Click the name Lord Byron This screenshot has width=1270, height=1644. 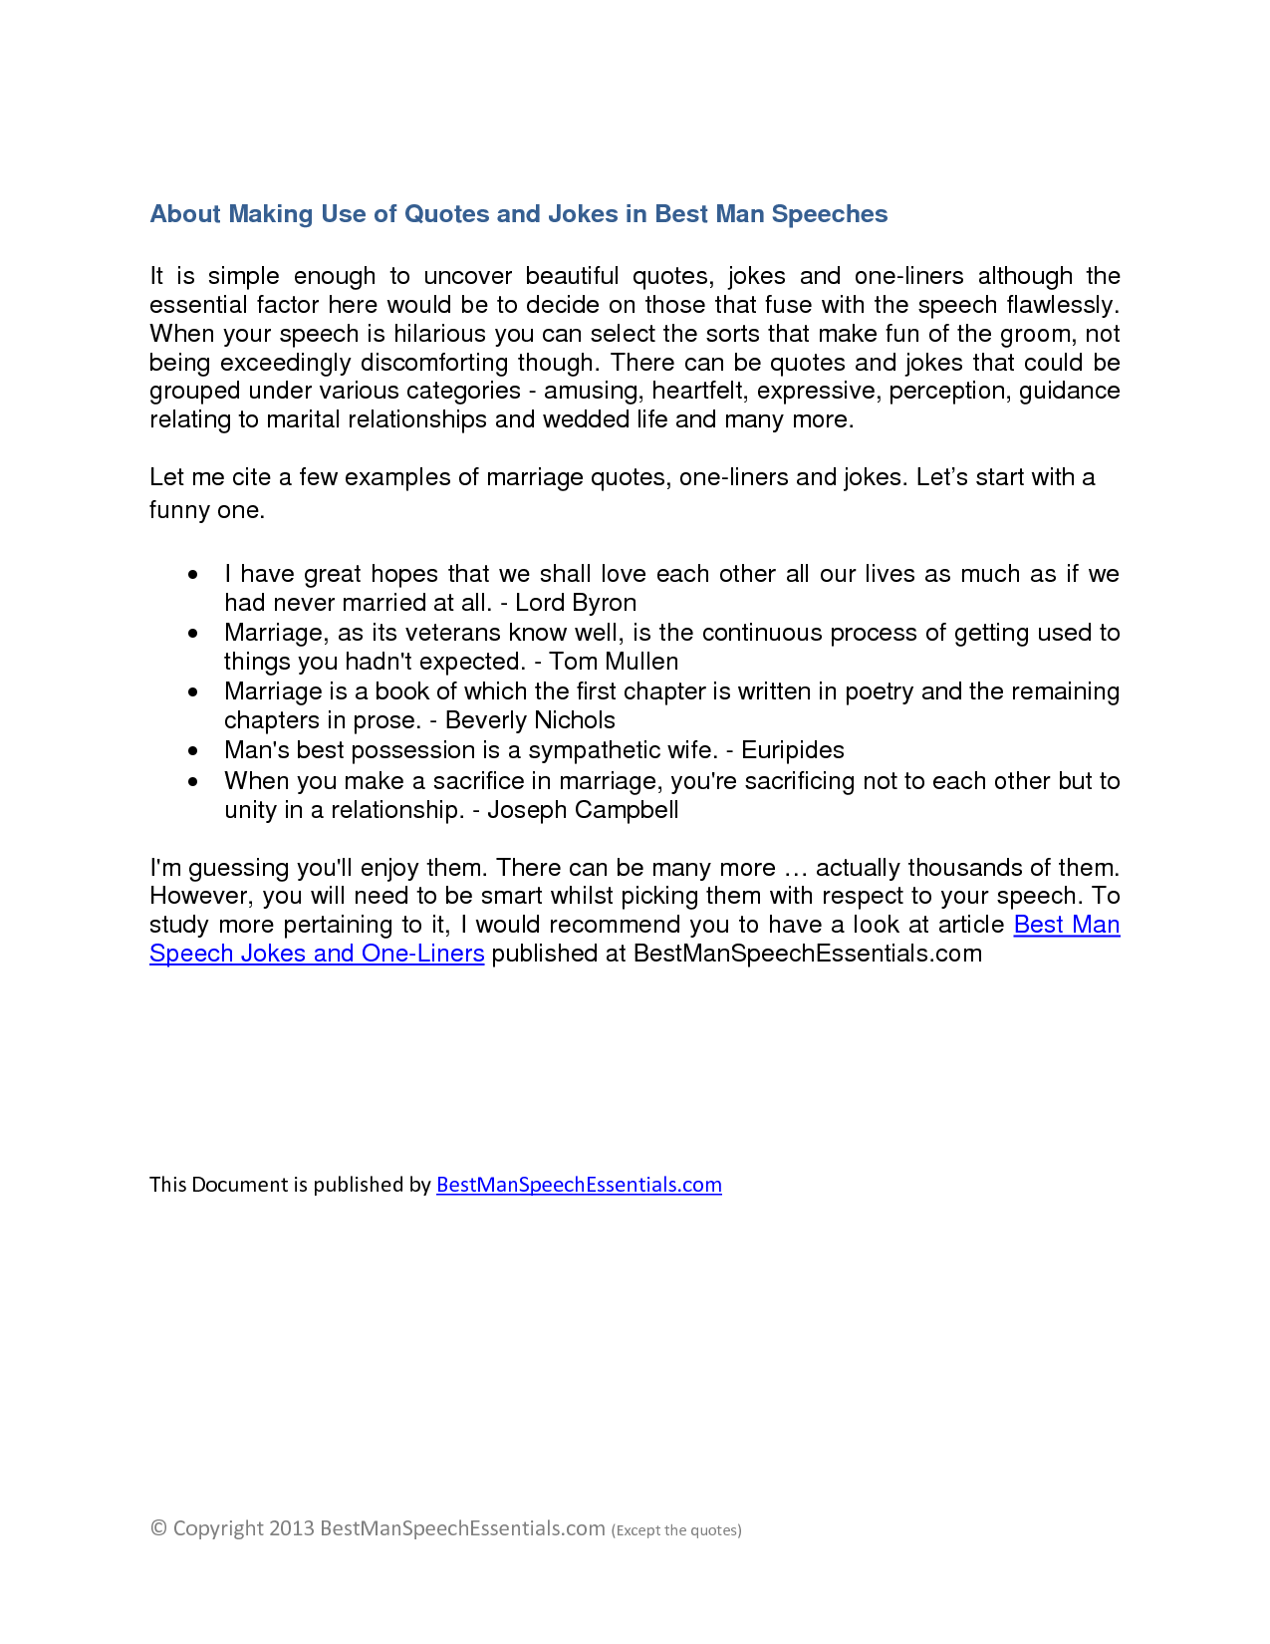coord(576,603)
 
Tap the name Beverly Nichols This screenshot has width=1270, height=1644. coord(530,720)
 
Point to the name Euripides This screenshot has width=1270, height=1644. coord(793,750)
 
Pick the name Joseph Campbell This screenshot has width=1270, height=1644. coord(583,810)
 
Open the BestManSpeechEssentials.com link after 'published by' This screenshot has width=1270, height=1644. coord(579,1185)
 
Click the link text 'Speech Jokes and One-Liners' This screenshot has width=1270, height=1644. coord(317,954)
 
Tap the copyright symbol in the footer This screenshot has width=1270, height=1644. coord(158,1528)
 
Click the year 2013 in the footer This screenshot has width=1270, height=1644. coord(292,1528)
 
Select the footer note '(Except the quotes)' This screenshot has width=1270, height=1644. coord(676,1530)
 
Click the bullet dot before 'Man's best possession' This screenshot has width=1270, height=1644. coord(193,751)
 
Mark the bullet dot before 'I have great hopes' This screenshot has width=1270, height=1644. coord(193,575)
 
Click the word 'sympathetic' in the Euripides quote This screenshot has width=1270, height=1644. coord(609,750)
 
